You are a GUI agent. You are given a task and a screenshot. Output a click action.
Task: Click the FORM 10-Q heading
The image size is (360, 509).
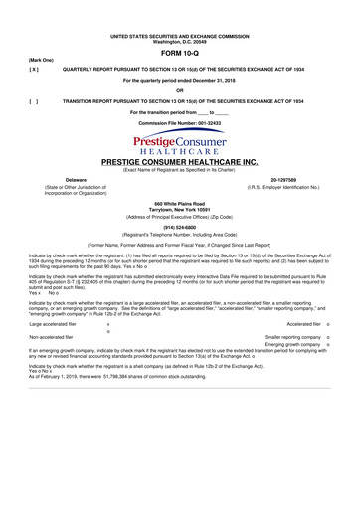[x=180, y=52]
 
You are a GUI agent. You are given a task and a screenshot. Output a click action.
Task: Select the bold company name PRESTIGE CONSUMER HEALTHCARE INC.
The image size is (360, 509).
[x=180, y=161]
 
